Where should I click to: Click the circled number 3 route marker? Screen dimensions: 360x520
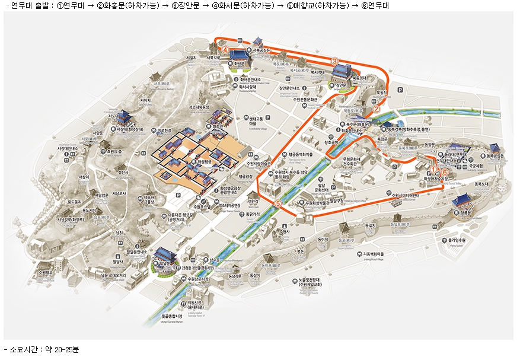(334, 61)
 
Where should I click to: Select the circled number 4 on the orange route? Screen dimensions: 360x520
(225, 50)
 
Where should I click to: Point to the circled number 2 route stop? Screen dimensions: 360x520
(375, 109)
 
